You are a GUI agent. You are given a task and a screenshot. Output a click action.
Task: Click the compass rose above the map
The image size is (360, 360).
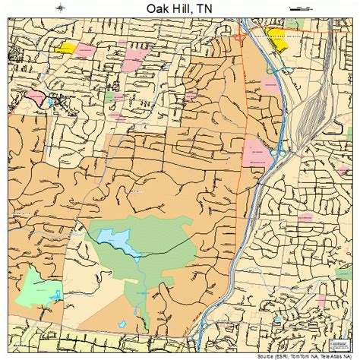[x=60, y=8]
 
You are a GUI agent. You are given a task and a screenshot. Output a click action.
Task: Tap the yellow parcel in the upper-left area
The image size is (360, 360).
[x=65, y=47]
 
